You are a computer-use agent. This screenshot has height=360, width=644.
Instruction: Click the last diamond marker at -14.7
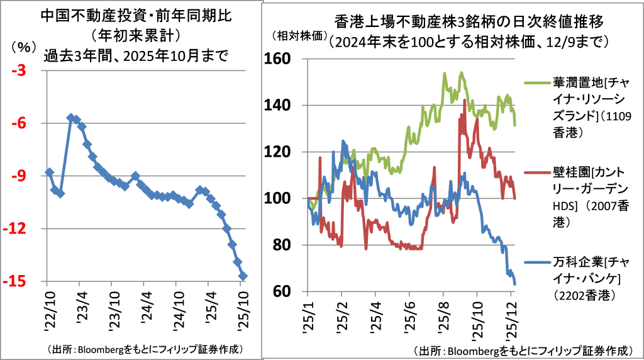click(243, 276)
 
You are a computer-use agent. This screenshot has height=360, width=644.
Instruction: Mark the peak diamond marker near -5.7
click(71, 118)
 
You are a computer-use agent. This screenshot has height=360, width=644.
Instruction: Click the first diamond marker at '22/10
click(49, 172)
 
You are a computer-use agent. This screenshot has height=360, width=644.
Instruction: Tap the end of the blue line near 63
click(515, 284)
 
